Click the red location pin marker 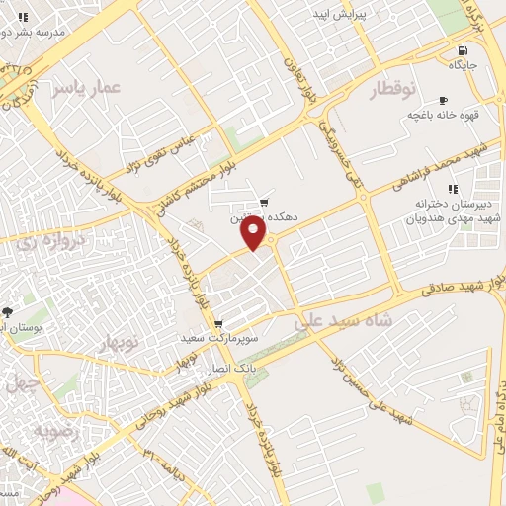[254, 232]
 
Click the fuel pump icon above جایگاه [462, 50]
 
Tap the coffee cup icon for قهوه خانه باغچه [443, 100]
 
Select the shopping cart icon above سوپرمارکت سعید [218, 324]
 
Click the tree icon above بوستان [8, 312]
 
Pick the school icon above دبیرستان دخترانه [453, 189]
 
